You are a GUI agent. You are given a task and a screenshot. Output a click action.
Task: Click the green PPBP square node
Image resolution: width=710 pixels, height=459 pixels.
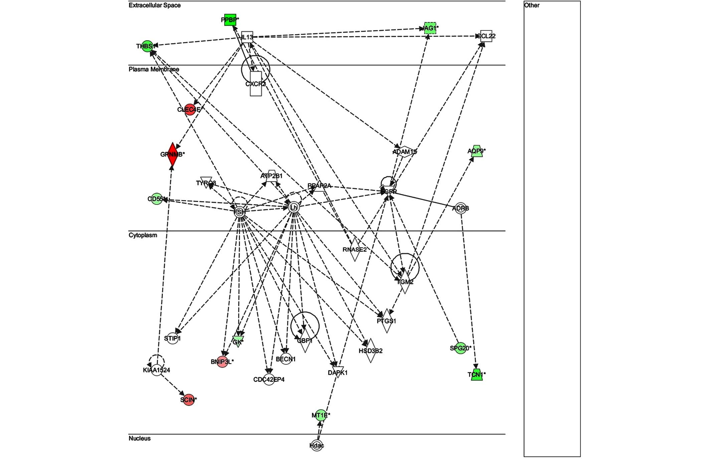(230, 20)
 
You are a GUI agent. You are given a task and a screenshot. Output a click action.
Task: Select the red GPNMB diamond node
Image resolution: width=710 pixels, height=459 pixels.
(172, 154)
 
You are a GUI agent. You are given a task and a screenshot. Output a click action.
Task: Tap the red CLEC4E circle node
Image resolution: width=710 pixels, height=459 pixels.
(190, 110)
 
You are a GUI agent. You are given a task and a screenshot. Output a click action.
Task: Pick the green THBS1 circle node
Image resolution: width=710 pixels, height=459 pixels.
(147, 46)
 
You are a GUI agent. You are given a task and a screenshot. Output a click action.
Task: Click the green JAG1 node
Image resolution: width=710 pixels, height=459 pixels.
(430, 28)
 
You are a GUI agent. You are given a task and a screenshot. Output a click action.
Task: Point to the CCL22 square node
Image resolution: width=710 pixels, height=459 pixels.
(486, 36)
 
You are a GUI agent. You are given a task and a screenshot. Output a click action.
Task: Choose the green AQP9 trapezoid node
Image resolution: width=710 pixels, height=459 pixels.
(477, 151)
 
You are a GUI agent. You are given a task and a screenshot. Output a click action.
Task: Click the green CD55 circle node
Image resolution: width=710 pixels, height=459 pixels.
(157, 199)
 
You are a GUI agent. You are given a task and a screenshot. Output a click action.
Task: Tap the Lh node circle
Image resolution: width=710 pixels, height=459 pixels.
(294, 207)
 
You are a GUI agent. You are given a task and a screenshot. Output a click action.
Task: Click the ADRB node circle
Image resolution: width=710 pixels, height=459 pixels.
(461, 208)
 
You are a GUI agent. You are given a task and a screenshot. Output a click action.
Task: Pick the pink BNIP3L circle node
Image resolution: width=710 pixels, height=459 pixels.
(222, 361)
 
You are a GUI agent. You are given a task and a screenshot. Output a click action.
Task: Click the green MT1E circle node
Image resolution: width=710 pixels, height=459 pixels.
(321, 415)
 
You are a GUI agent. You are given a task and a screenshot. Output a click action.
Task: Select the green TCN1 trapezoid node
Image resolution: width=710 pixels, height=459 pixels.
(477, 375)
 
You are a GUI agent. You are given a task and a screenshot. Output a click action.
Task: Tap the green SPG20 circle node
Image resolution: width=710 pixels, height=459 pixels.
(461, 348)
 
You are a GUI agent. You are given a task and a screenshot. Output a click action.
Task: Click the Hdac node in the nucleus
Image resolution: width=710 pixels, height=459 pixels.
(317, 445)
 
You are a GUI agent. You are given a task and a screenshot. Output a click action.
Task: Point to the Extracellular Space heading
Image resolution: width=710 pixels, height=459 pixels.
(155, 5)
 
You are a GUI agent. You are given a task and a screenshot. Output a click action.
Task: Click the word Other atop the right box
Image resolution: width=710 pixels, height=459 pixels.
(532, 5)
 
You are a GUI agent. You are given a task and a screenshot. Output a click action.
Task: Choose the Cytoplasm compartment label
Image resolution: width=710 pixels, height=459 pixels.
(143, 235)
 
